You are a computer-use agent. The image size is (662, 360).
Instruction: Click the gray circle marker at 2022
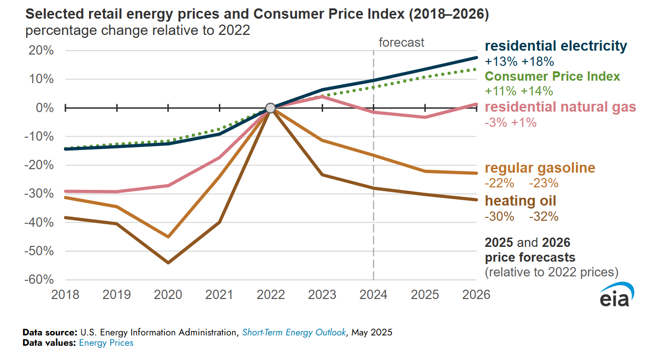click(x=270, y=108)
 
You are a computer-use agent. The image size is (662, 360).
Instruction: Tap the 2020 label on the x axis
click(x=168, y=295)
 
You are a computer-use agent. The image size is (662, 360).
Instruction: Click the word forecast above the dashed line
click(x=401, y=42)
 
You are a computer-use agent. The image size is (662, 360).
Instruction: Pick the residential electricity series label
click(x=556, y=46)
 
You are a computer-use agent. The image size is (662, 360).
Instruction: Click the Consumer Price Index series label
click(x=552, y=76)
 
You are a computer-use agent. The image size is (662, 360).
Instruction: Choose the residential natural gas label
click(x=560, y=107)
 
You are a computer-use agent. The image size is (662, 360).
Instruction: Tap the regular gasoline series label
click(x=540, y=168)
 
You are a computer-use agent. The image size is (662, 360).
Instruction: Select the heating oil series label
click(x=520, y=201)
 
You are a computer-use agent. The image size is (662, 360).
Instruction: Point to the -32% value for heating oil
click(x=543, y=217)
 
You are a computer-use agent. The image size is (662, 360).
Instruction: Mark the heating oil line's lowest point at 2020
click(x=168, y=263)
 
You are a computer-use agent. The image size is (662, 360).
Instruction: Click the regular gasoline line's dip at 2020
click(x=168, y=237)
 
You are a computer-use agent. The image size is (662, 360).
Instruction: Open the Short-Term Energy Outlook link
click(x=294, y=332)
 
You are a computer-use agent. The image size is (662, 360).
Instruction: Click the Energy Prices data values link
click(x=106, y=343)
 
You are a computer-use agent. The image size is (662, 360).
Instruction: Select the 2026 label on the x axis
click(x=476, y=295)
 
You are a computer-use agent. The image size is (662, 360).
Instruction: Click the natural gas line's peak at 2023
click(x=322, y=96)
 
